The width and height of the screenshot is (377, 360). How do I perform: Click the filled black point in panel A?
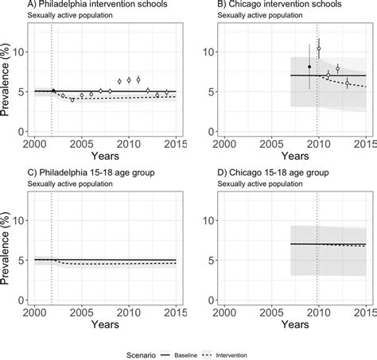(53, 91)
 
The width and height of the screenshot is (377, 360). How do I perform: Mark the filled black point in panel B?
(309, 67)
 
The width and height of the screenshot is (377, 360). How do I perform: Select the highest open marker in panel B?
(319, 48)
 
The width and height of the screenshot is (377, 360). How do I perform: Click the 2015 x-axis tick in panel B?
(364, 143)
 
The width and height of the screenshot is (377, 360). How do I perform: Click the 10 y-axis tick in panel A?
(22, 52)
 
